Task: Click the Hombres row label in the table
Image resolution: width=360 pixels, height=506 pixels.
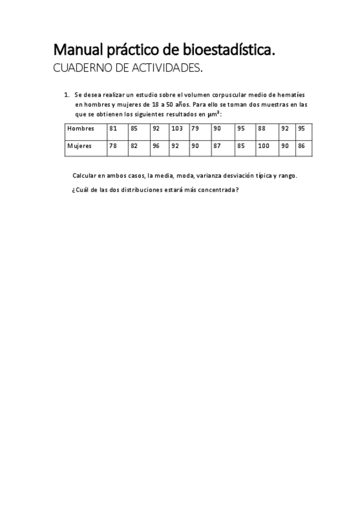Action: [x=81, y=128]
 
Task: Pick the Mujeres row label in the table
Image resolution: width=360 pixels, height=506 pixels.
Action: [x=80, y=146]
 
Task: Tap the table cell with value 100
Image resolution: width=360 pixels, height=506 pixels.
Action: [x=263, y=146]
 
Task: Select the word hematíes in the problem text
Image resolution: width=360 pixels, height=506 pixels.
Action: [x=292, y=94]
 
